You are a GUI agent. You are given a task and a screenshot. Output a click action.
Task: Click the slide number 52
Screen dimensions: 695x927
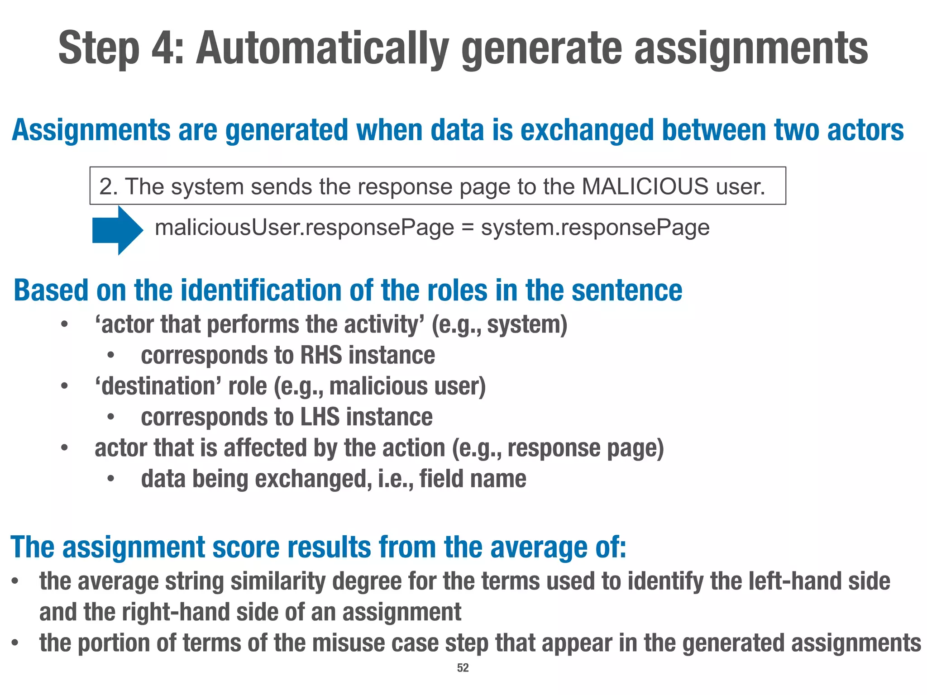click(x=463, y=668)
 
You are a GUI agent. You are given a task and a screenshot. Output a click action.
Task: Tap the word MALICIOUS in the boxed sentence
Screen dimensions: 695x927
click(x=645, y=186)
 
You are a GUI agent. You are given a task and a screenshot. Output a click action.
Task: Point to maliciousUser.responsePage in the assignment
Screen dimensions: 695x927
click(x=304, y=228)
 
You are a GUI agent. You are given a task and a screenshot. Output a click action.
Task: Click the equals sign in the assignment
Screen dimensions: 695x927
click(x=468, y=228)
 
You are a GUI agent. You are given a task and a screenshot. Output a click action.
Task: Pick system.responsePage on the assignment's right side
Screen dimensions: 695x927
click(x=595, y=228)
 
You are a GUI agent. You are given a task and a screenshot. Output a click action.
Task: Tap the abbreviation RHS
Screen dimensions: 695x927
click(x=321, y=355)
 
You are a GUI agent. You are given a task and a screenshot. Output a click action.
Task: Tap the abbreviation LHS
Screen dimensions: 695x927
click(x=320, y=417)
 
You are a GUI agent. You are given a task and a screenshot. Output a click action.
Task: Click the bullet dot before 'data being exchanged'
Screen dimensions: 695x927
click(x=111, y=479)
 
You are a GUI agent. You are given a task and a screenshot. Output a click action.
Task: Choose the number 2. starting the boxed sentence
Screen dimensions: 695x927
click(x=109, y=186)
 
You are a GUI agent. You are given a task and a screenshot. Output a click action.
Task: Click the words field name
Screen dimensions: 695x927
click(x=473, y=479)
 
